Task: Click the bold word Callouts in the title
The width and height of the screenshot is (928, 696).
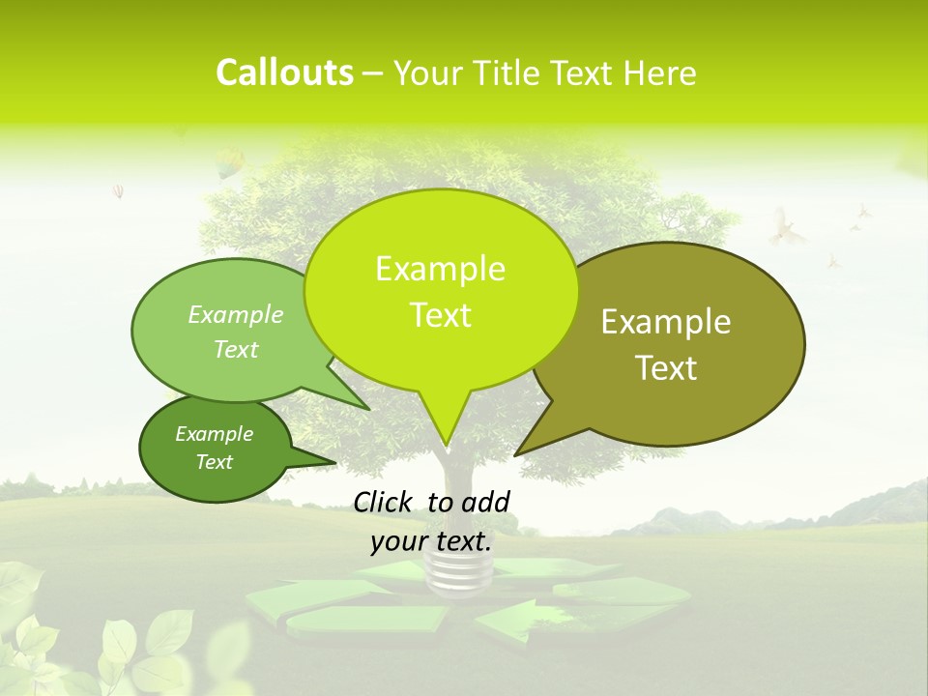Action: pos(284,72)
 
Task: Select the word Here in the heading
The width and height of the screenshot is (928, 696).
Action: pos(660,72)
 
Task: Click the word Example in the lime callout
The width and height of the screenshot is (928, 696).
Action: pos(440,269)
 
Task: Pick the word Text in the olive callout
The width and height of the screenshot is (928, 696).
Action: pos(667,368)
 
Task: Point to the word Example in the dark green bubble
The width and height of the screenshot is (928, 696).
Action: pos(215,434)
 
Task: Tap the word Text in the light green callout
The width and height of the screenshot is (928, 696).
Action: pos(236,349)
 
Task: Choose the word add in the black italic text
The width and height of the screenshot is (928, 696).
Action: pos(485,502)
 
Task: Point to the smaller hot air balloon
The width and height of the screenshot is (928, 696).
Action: pos(119,191)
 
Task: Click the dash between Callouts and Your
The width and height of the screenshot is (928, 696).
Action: pos(373,73)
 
